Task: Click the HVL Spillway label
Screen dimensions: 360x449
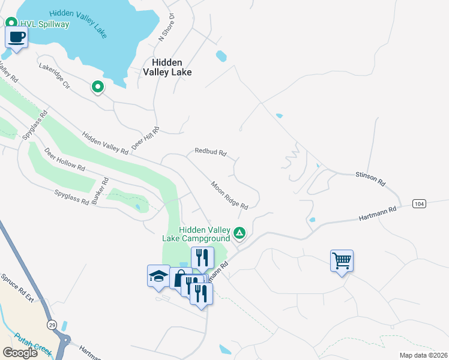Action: (44, 24)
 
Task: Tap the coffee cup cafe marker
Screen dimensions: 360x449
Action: (16, 37)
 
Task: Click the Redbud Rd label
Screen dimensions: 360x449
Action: (210, 152)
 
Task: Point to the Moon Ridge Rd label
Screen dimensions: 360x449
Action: (229, 196)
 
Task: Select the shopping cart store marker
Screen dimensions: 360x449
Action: (342, 260)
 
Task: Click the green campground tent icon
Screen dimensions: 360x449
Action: (240, 232)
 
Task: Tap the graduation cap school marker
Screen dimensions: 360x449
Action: (159, 276)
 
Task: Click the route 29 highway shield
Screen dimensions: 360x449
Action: (52, 324)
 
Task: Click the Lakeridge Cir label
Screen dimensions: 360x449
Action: (55, 76)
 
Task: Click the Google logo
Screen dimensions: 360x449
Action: (20, 353)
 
